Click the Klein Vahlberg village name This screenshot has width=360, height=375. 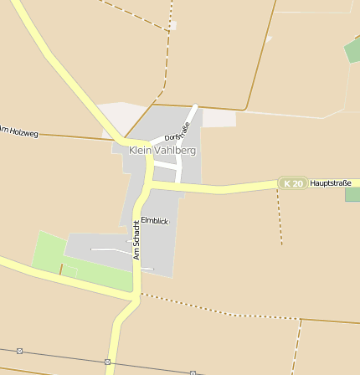tap(162, 151)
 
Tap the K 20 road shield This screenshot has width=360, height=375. tap(292, 183)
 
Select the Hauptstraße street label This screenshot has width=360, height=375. tap(330, 182)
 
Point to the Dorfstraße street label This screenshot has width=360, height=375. tap(177, 131)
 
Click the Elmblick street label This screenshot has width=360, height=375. tap(155, 220)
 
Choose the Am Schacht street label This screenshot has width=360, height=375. tap(136, 239)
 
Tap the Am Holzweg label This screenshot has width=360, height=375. tap(18, 131)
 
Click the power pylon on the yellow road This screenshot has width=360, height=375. tap(107, 362)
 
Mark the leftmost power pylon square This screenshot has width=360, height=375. tap(19, 351)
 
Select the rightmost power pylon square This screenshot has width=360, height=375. tap(193, 372)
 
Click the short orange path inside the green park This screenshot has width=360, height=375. tap(61, 270)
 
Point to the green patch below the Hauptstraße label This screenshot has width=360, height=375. tap(352, 194)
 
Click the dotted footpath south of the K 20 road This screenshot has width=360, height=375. tap(279, 218)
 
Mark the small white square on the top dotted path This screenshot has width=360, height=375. tap(172, 26)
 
